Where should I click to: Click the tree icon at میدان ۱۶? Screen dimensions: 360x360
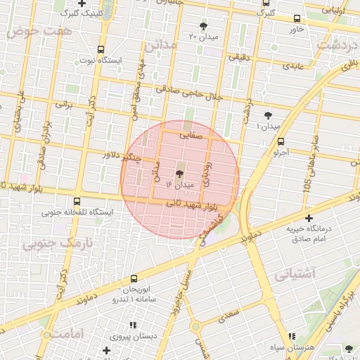[x=179, y=173]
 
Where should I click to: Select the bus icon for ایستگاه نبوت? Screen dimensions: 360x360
[x=101, y=50]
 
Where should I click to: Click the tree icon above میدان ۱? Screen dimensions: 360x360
[x=268, y=115]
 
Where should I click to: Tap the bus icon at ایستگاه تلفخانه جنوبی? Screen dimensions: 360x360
[x=77, y=201]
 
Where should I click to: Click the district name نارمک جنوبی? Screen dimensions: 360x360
[x=50, y=243]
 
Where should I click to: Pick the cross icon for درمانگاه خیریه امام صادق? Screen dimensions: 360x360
[x=309, y=219]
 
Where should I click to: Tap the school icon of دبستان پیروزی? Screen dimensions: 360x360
[x=132, y=326]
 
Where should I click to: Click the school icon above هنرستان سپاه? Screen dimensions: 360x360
[x=294, y=335]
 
